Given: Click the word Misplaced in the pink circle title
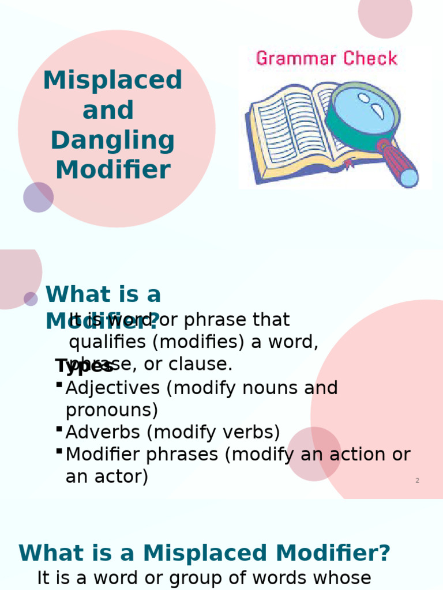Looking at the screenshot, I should point(112,81).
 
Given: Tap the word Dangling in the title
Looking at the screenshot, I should point(112,141).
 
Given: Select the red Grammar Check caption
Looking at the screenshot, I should point(326,58).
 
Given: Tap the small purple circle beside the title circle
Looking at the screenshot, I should point(38,197).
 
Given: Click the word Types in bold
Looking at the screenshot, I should point(84,366).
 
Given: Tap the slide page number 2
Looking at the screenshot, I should point(417,480).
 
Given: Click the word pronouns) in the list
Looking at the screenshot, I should point(111,410).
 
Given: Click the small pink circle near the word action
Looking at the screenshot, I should point(314,453).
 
